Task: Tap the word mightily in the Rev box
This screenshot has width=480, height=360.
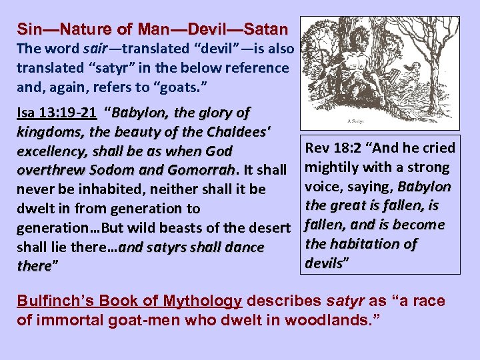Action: (x=334, y=167)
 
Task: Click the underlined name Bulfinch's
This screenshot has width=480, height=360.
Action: (x=54, y=301)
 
